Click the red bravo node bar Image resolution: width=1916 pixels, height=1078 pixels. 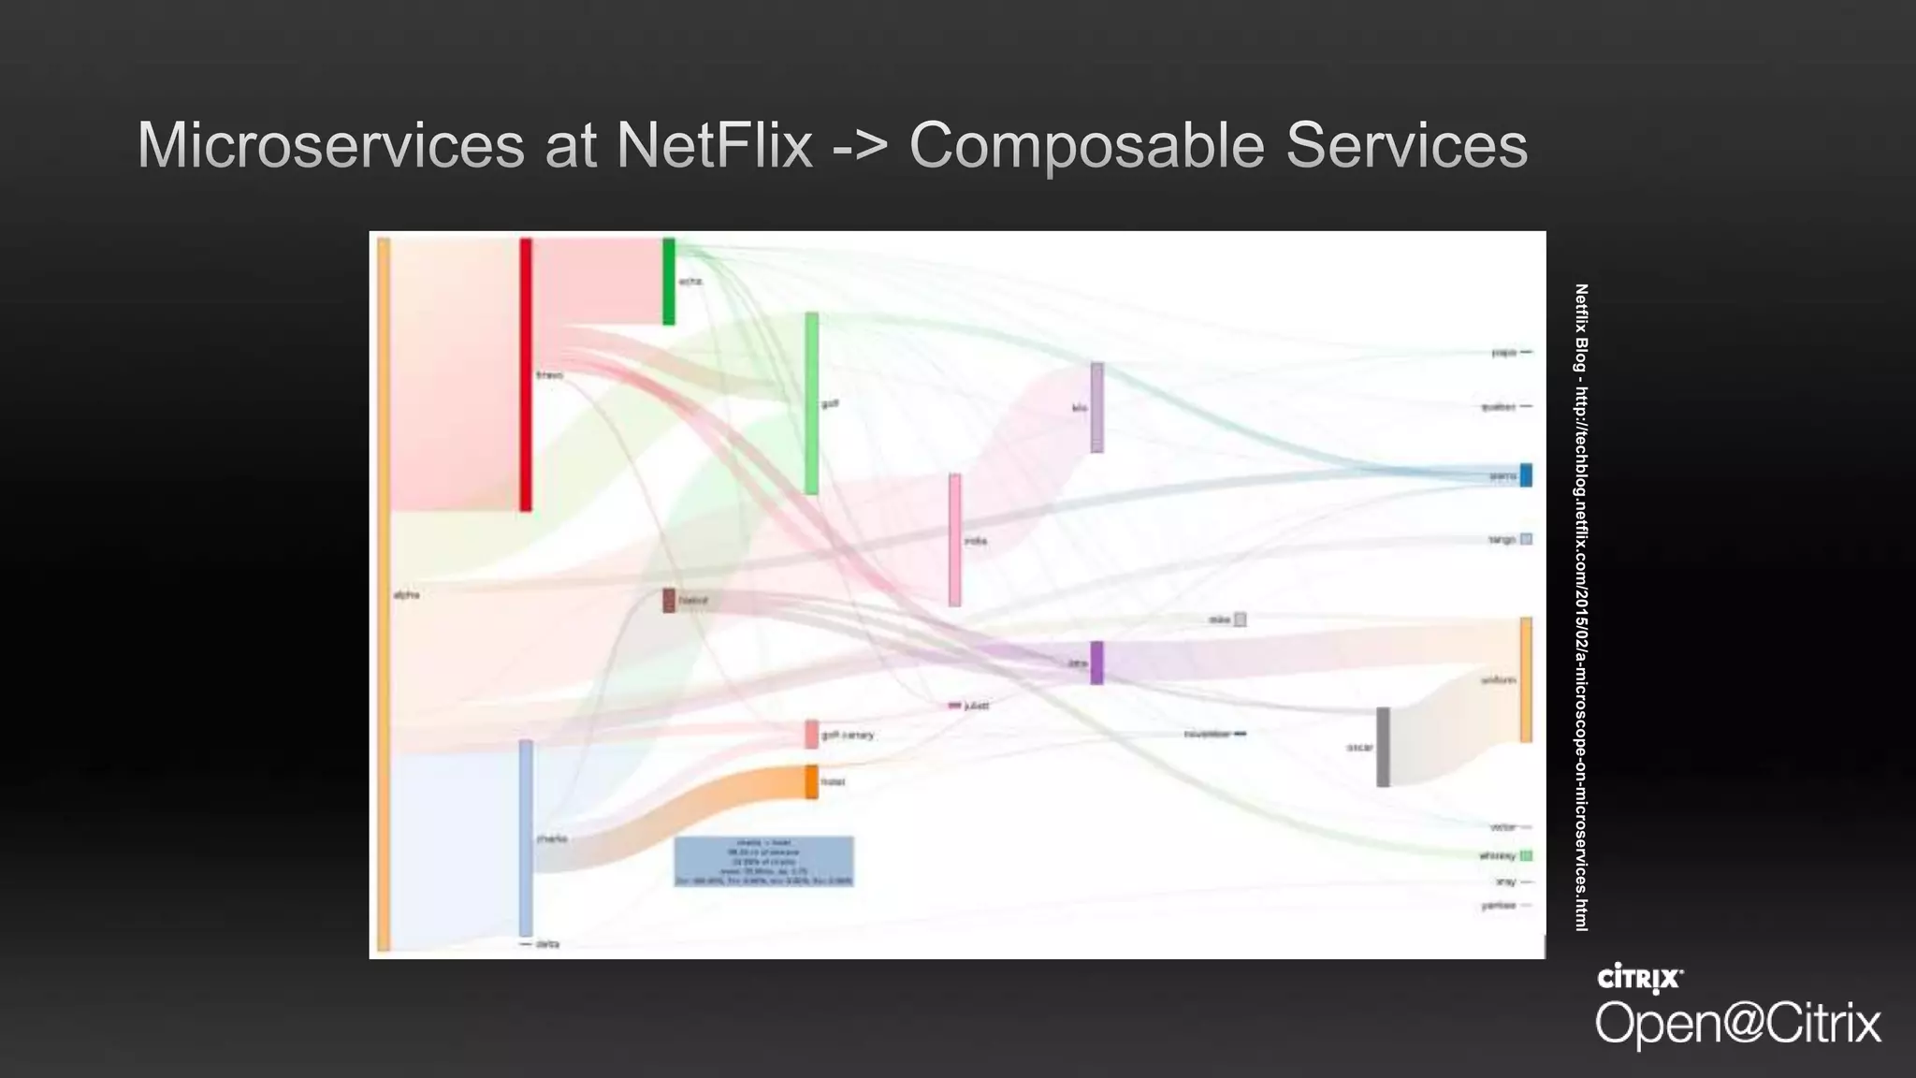526,374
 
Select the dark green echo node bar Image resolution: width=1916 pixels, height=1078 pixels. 669,281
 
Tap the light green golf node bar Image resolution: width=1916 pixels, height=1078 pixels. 812,403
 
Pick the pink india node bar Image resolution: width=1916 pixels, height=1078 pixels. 954,540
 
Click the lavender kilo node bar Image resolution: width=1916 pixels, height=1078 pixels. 1096,408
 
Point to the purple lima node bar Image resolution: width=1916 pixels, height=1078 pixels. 1096,663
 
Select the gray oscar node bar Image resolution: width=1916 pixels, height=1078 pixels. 1383,747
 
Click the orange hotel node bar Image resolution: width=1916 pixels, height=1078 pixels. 811,781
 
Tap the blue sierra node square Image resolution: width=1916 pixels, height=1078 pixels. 1526,475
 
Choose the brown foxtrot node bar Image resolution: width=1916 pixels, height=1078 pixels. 669,600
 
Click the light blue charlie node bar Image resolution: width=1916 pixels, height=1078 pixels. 526,838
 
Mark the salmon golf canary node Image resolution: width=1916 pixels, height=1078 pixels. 811,734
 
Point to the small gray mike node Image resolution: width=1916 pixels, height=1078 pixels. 1240,619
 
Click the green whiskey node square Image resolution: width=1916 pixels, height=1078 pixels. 1526,855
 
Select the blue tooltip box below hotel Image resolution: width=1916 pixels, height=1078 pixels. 763,861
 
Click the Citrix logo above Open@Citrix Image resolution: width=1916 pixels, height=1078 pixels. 1640,978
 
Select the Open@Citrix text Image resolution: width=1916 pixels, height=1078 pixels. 1737,1023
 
